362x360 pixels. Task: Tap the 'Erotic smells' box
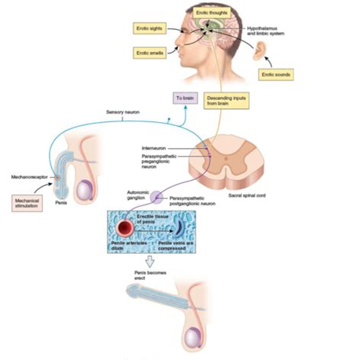148,53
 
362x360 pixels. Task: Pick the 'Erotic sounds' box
276,74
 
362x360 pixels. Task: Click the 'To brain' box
184,98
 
